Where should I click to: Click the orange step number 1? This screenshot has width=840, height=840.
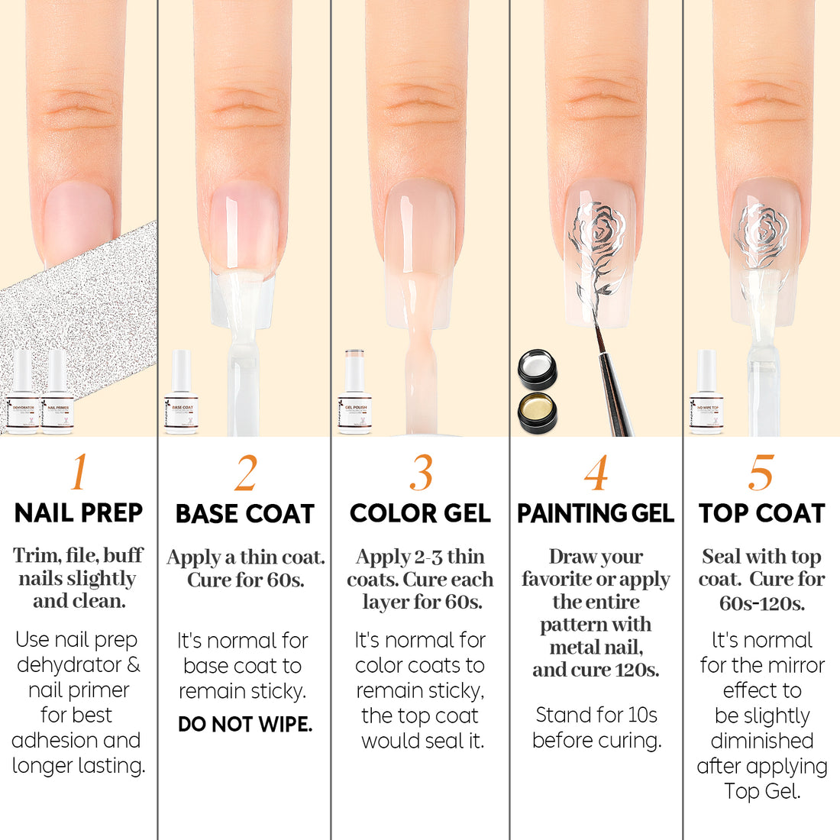pos(78,473)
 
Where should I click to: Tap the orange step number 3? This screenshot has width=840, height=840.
pos(421,473)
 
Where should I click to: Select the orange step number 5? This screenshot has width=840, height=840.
pos(761,473)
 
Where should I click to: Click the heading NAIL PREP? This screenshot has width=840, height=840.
pos(79,513)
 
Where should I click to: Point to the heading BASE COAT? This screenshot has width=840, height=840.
pos(244,514)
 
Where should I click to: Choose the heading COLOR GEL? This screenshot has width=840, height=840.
pos(420,514)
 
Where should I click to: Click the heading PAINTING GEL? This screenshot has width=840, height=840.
pos(596,514)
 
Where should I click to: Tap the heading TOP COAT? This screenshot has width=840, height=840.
pos(761,514)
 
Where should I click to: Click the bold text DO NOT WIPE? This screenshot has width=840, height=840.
pos(244,724)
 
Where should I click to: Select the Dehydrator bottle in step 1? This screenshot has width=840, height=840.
pos(23,393)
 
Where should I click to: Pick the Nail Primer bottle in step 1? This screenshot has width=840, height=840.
pos(57,393)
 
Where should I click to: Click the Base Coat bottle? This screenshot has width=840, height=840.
pos(181,393)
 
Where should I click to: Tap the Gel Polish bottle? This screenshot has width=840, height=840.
pos(355,393)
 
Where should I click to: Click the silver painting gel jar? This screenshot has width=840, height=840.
pos(537,370)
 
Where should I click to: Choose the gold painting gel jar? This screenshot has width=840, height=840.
pos(537,410)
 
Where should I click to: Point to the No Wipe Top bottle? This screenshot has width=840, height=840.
pos(706,393)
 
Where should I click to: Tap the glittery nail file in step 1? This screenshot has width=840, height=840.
pos(76,305)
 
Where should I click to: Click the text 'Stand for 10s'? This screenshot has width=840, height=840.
pos(596,715)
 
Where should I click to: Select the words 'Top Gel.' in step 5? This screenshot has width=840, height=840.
pos(762,791)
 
